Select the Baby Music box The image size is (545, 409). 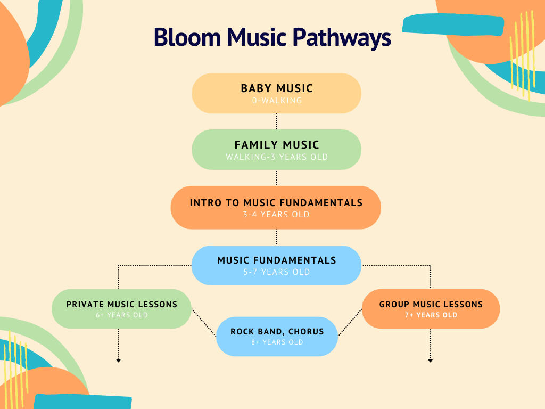pos(276,93)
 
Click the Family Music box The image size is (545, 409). pos(276,150)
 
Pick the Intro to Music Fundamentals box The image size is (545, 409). pos(276,207)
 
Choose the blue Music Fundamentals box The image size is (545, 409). pos(276,265)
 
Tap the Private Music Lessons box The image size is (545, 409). pos(121,309)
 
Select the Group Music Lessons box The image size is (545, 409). pos(431,309)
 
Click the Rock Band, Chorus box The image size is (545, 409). pos(277,337)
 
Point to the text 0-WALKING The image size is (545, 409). pos(277,100)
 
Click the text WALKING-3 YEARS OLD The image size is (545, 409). pos(277,157)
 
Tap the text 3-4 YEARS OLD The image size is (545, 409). pos(276,215)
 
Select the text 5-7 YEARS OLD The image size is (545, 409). pos(277,272)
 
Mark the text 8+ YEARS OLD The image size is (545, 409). pos(277,342)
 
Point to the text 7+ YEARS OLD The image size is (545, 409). pos(431,315)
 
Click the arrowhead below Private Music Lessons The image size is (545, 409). pos(118,361)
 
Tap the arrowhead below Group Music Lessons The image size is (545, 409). pos(430,361)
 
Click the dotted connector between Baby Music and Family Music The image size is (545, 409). pos(277,121)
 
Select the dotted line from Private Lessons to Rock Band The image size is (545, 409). pos(203,323)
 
